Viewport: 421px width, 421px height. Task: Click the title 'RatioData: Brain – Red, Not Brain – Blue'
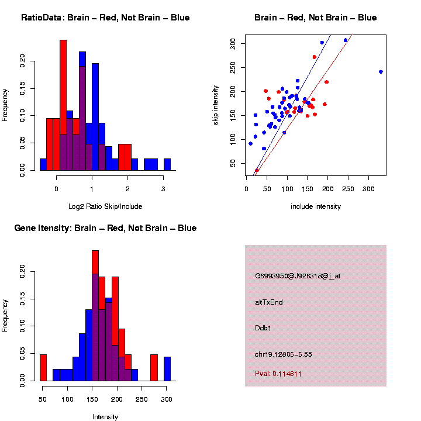coord(105,18)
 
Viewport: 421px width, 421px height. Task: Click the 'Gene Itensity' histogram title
coord(105,228)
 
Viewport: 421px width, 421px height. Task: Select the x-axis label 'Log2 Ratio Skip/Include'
coord(105,206)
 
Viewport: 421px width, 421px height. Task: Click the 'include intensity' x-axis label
coord(316,206)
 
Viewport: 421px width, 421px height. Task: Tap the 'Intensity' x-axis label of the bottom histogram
coord(105,416)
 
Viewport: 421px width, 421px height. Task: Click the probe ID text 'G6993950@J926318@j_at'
coord(298,276)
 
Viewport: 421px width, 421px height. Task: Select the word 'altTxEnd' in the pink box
coord(269,302)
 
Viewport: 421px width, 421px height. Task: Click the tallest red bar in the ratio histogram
coord(63,105)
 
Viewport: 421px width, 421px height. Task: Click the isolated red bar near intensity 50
coord(43,368)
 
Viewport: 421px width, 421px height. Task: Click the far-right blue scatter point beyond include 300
coord(381,72)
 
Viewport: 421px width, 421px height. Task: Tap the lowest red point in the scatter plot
coord(257,170)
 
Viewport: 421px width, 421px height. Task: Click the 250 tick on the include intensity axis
coord(348,190)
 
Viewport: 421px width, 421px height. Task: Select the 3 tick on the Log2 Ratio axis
coord(163,189)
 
